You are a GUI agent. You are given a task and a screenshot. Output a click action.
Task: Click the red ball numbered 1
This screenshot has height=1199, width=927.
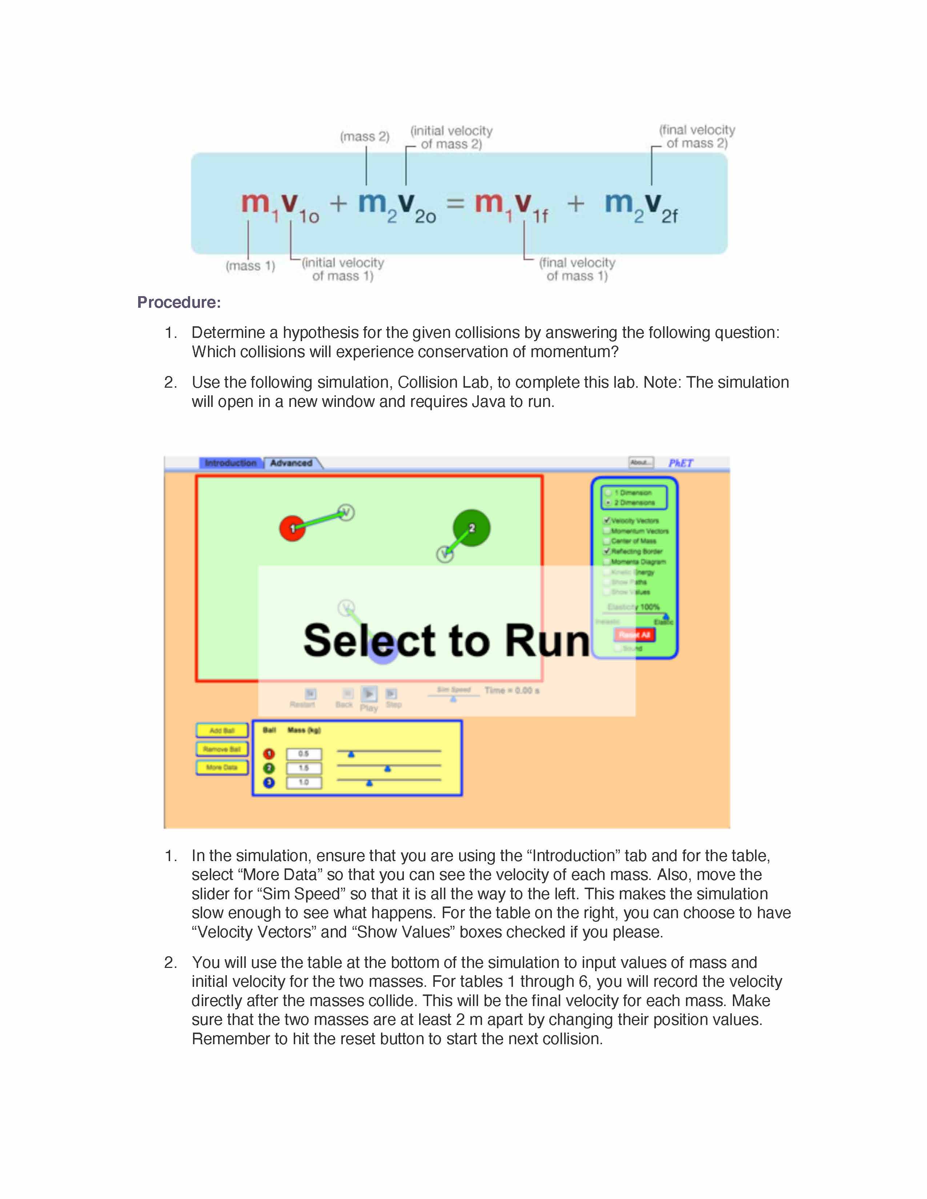pos(292,528)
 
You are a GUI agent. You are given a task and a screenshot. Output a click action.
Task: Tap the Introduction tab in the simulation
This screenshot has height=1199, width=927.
pos(230,463)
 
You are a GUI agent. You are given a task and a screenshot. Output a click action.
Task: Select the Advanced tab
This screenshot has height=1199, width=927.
pos(291,463)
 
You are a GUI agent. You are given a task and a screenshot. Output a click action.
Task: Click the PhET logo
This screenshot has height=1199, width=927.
pos(681,463)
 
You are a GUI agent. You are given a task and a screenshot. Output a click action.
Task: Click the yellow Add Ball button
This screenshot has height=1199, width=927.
pos(222,730)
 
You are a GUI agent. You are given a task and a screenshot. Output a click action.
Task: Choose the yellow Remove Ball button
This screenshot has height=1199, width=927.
pos(222,749)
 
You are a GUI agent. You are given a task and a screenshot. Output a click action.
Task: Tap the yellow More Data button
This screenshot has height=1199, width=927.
pos(222,767)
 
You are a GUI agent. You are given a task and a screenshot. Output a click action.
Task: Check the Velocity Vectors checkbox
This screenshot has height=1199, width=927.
pos(607,520)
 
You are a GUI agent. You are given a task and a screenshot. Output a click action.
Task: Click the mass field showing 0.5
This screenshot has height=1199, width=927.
pos(304,754)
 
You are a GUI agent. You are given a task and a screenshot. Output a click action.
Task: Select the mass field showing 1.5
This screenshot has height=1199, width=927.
pos(304,768)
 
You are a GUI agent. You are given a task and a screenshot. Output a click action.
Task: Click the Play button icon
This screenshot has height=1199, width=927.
pos(369,694)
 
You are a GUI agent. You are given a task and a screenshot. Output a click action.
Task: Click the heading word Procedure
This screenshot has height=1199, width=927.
pos(178,303)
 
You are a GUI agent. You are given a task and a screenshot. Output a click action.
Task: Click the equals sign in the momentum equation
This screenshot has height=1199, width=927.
pos(455,204)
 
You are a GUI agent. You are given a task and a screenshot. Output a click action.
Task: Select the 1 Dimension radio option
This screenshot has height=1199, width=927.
pos(608,492)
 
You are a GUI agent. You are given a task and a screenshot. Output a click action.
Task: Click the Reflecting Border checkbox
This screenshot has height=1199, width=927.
pos(607,551)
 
